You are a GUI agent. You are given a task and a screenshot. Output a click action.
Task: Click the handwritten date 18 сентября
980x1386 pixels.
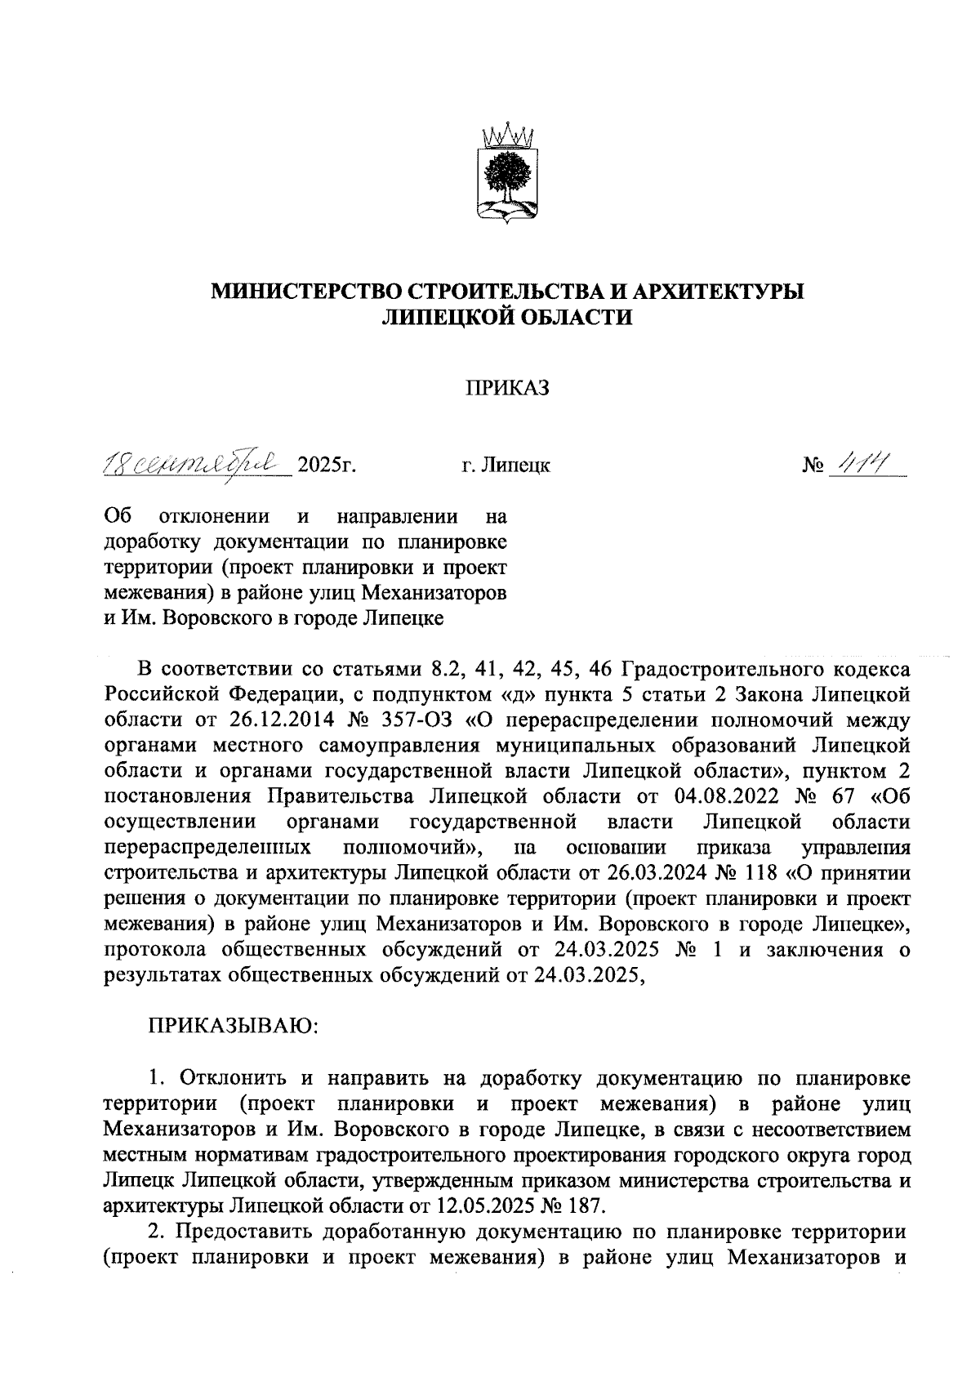(198, 464)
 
